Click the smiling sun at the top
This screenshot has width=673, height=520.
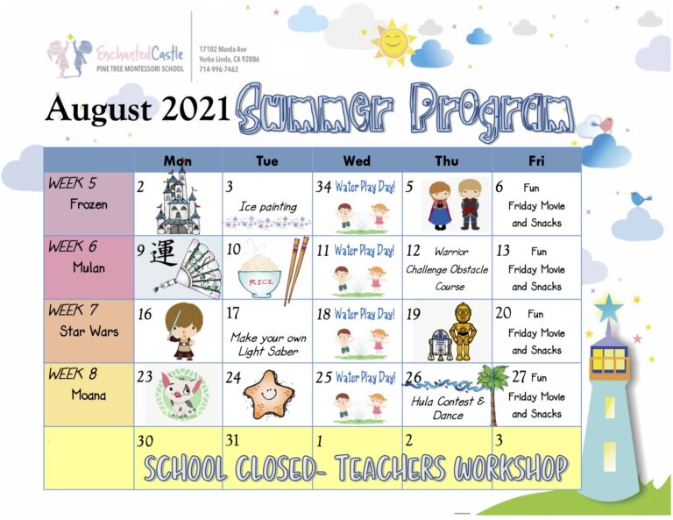pyautogui.click(x=393, y=42)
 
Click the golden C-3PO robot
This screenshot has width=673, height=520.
pyautogui.click(x=463, y=331)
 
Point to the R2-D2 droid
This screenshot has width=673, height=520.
pyautogui.click(x=438, y=345)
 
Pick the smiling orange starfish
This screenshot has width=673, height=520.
pyautogui.click(x=269, y=395)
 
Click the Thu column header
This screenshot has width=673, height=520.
pyautogui.click(x=447, y=161)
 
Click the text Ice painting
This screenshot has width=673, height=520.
pyautogui.click(x=268, y=207)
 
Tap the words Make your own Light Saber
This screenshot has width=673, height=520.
pyautogui.click(x=268, y=345)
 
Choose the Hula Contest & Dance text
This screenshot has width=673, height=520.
pyautogui.click(x=448, y=408)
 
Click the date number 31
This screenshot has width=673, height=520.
pyautogui.click(x=232, y=440)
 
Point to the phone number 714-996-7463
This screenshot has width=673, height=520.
pyautogui.click(x=218, y=69)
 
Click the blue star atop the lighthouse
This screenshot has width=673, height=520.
pyautogui.click(x=608, y=309)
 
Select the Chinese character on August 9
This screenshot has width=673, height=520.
pyautogui.click(x=163, y=253)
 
